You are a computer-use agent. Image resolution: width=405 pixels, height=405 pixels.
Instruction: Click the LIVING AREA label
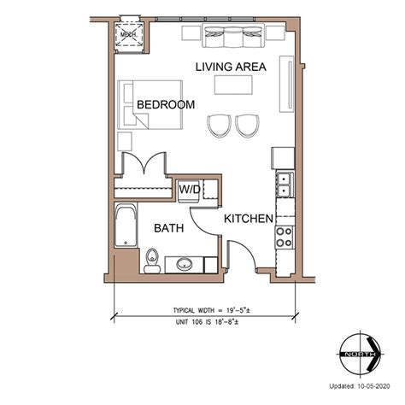click(x=231, y=67)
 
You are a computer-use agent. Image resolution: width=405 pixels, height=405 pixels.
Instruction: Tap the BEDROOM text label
click(x=166, y=104)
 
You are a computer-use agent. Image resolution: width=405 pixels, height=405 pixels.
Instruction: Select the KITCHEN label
click(x=249, y=219)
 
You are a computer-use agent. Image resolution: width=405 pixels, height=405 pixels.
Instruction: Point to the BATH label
click(x=169, y=228)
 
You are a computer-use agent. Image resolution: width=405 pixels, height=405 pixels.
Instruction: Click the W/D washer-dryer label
click(x=190, y=189)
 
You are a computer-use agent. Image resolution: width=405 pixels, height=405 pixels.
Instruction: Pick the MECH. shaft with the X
click(x=128, y=35)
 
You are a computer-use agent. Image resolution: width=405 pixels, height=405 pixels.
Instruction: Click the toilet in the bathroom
click(x=151, y=261)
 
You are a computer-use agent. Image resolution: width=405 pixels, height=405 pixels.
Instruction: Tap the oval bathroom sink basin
click(x=185, y=264)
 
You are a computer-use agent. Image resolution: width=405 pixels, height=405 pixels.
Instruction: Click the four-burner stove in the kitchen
click(x=285, y=237)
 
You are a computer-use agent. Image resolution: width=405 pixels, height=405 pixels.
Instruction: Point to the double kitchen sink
click(x=285, y=185)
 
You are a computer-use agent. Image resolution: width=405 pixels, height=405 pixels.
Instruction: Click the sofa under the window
click(x=233, y=35)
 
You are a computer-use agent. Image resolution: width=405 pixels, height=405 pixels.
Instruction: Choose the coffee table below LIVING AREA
click(x=233, y=85)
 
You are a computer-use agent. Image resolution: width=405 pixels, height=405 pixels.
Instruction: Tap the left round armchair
click(x=219, y=126)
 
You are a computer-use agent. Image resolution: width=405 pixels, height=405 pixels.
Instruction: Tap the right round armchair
click(x=247, y=126)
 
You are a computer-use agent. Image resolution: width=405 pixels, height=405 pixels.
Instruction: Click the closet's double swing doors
click(x=144, y=164)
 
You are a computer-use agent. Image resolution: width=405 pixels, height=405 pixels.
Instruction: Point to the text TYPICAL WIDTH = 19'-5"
click(x=212, y=310)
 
